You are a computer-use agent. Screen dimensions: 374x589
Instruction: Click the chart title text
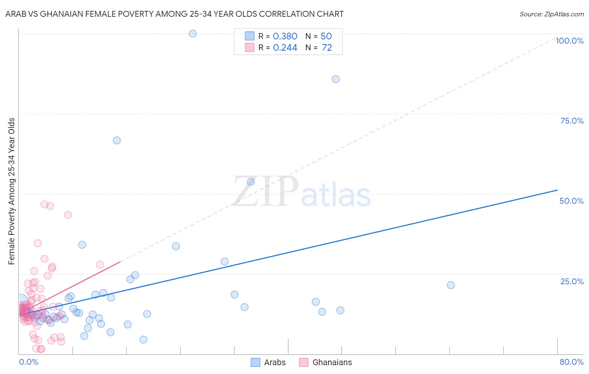[174, 14]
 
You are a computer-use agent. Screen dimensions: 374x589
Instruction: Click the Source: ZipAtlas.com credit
[551, 14]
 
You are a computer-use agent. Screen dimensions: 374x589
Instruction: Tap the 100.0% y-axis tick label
[569, 41]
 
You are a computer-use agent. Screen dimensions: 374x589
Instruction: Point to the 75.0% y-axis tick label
[572, 121]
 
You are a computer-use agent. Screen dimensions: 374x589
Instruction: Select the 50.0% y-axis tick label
[571, 201]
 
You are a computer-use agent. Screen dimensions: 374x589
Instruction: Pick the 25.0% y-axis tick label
[572, 281]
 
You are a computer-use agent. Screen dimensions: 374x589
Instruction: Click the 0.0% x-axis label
[28, 362]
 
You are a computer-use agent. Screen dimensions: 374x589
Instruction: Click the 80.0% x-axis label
[571, 362]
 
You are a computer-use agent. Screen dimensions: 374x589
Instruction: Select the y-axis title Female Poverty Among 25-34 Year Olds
[12, 191]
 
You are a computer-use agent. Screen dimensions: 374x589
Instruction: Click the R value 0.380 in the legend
[285, 36]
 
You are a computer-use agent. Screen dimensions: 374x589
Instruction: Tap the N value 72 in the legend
[327, 48]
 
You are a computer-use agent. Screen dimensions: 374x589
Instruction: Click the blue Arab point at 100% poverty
[193, 34]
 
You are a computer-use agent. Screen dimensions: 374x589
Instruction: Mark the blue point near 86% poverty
[336, 79]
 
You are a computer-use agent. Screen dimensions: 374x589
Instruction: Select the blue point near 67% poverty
[117, 140]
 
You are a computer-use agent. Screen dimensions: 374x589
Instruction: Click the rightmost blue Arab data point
[451, 285]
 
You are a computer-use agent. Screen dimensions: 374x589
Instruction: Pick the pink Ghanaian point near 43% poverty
[68, 215]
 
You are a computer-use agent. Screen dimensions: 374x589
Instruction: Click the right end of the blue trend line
[557, 190]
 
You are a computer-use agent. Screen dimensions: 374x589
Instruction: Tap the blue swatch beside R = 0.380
[250, 36]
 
